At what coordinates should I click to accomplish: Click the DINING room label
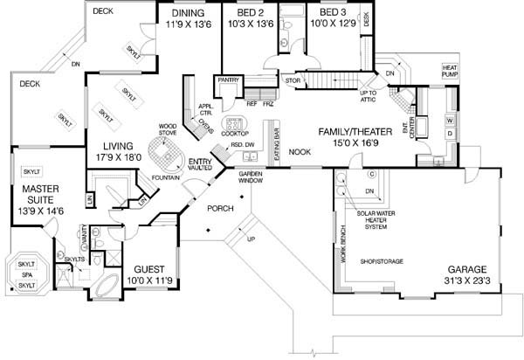(189, 15)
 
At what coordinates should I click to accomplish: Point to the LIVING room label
(119, 147)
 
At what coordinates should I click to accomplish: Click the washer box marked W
(450, 118)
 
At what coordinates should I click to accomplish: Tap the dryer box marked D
(450, 134)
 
